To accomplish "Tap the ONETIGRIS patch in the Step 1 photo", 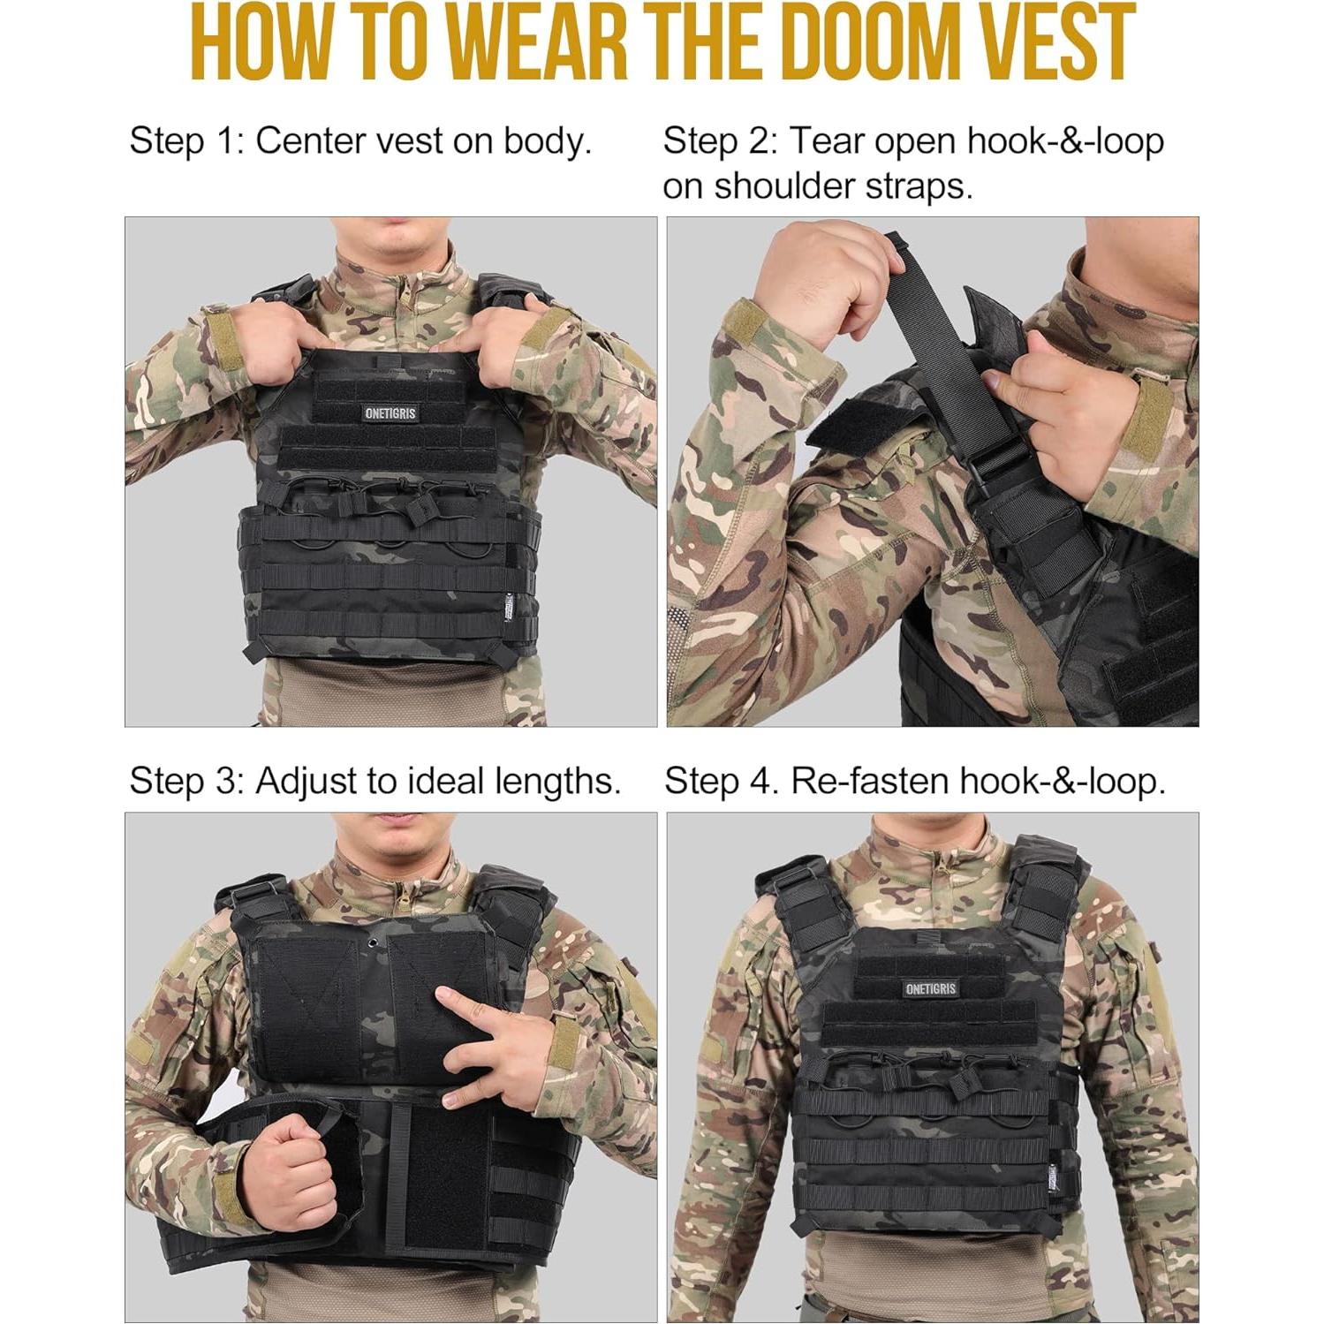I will click(390, 413).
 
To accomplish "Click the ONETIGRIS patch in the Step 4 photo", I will click(931, 988).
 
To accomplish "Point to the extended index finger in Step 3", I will click(469, 1002).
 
